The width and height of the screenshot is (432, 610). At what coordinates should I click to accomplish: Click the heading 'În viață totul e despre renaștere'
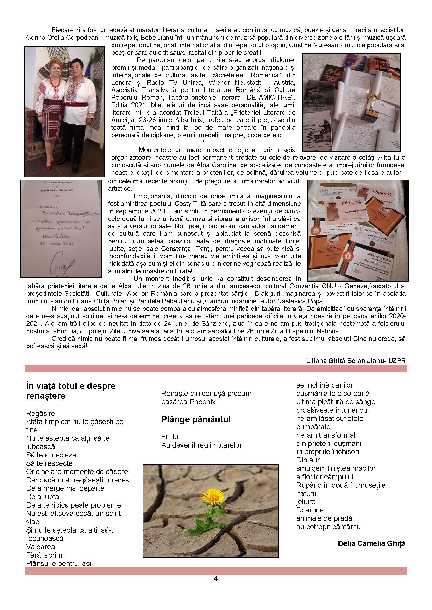click(71, 391)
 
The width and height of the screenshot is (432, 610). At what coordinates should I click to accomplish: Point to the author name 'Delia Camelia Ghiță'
click(372, 543)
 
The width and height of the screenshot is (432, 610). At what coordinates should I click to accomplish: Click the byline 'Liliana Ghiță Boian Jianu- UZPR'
click(356, 360)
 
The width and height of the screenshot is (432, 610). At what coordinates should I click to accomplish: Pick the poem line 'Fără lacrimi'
click(45, 555)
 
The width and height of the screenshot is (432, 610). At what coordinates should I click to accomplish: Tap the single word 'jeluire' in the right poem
click(306, 502)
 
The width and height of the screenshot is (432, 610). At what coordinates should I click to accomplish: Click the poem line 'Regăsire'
click(41, 413)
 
